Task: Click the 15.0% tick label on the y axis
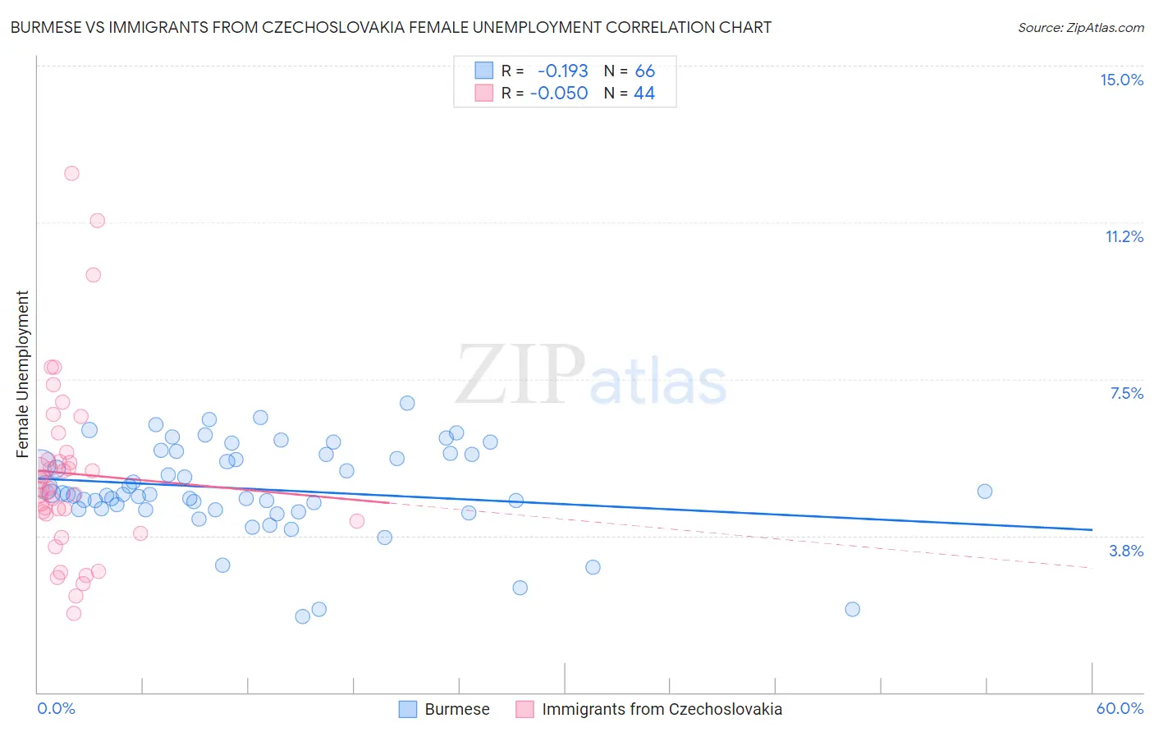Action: [1121, 80]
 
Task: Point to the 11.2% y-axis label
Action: [1124, 236]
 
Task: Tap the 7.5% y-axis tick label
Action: [1126, 393]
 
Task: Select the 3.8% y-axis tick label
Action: [1126, 551]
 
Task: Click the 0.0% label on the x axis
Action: [56, 708]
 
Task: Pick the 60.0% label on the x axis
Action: [1120, 708]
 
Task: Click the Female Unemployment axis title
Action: [22, 373]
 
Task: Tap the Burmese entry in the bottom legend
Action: [456, 709]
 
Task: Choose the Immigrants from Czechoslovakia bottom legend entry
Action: [662, 709]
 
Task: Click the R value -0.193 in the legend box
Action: [562, 71]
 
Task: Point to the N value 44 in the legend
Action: [644, 94]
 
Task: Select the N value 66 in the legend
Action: [644, 71]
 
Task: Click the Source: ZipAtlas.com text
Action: [1080, 28]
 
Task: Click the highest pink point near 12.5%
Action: [71, 173]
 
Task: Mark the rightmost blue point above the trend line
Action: [985, 491]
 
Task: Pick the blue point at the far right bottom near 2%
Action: [852, 609]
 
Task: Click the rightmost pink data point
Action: [357, 520]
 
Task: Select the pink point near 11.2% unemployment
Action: [97, 220]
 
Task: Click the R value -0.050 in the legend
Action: [559, 94]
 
